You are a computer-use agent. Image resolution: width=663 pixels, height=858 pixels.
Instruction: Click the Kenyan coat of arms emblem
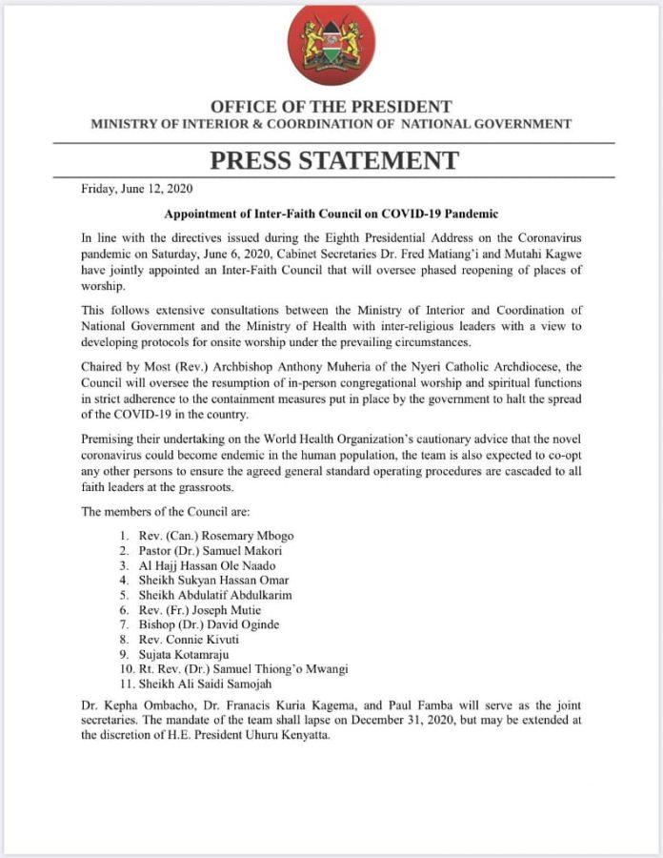tap(331, 45)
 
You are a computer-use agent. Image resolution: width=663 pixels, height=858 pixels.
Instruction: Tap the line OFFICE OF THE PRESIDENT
tap(331, 107)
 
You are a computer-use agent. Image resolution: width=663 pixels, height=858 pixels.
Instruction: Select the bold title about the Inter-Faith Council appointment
tap(331, 214)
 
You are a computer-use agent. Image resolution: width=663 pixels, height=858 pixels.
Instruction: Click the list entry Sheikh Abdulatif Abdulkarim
tap(214, 595)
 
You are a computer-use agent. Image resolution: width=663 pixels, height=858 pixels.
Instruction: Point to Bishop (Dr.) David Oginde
tap(204, 625)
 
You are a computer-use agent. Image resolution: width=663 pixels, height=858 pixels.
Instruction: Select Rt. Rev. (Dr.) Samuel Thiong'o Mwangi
tap(243, 671)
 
